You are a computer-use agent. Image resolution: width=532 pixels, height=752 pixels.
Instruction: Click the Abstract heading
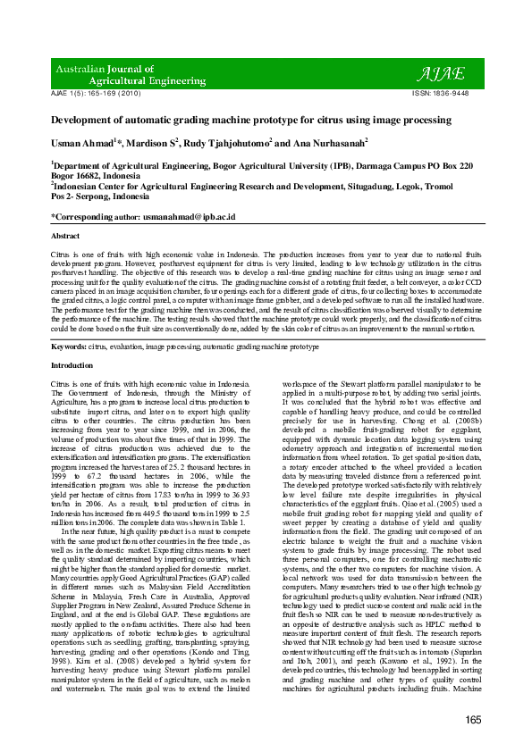tap(65, 236)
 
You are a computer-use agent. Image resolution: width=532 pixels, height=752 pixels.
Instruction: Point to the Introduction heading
tap(72, 366)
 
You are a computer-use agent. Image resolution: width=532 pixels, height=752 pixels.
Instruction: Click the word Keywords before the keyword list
tap(69, 346)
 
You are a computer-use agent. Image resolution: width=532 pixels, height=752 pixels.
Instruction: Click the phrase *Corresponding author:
tap(98, 217)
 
